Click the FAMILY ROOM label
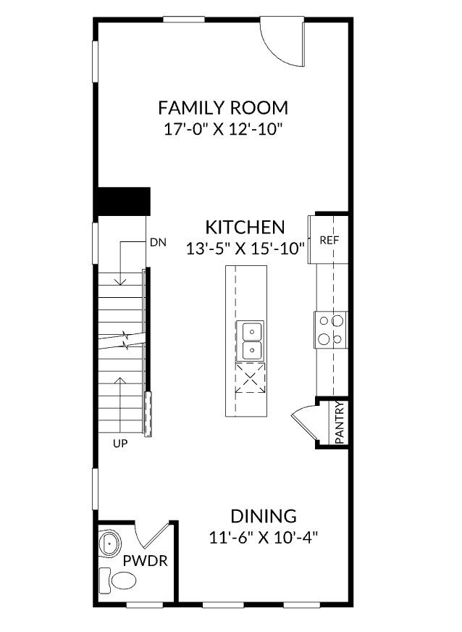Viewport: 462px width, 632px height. tap(223, 108)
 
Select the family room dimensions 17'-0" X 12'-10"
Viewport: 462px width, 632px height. tap(223, 130)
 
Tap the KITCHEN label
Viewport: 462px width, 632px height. tap(245, 227)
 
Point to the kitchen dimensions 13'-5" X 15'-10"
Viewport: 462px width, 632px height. tap(245, 248)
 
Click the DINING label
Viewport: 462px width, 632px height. tap(264, 517)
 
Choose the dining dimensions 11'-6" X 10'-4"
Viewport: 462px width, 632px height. tap(264, 538)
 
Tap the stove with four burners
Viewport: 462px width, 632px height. tap(331, 329)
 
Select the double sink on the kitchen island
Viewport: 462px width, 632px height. tap(251, 341)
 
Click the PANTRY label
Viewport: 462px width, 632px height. tap(340, 423)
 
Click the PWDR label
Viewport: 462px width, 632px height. tap(142, 560)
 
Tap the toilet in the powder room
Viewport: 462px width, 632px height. tap(119, 580)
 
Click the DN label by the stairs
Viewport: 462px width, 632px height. tap(159, 243)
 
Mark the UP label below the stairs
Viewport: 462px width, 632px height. tap(120, 444)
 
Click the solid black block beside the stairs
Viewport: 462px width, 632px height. tap(124, 201)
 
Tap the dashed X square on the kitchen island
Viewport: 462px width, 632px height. tap(251, 378)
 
